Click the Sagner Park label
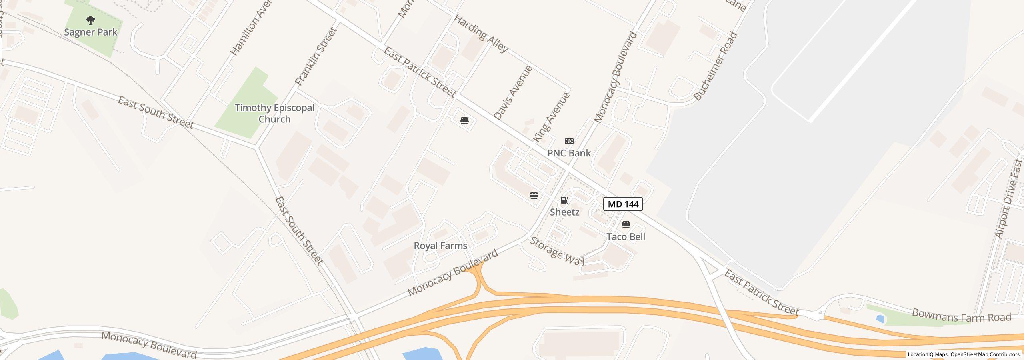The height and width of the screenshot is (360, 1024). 91,32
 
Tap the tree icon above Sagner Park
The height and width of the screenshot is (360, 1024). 91,20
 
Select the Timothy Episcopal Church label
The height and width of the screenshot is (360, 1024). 274,113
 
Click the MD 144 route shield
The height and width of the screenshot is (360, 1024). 623,204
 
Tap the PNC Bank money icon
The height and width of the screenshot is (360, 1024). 569,141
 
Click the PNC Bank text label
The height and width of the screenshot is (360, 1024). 569,153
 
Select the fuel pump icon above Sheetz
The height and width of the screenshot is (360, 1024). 564,200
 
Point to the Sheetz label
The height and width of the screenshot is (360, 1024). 564,212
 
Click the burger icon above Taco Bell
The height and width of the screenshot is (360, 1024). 626,225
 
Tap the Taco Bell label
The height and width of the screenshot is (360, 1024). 626,237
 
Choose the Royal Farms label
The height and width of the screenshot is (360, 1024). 440,246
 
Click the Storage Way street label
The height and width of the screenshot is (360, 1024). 557,251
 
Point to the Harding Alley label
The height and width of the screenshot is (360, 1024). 481,34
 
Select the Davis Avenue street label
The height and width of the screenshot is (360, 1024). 513,93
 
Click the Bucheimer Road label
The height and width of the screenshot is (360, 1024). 715,66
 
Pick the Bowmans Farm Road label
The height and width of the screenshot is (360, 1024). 962,316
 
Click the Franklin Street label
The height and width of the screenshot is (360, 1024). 316,56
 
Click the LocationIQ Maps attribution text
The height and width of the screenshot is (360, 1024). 964,354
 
